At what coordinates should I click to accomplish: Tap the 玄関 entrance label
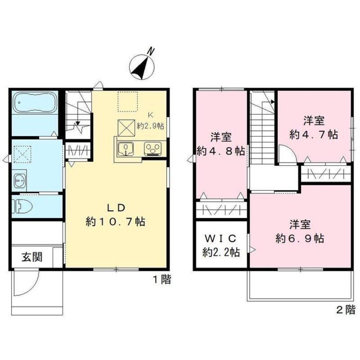[x=32, y=257]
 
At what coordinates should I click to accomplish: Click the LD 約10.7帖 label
[x=115, y=215]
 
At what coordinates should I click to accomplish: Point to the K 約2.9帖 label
[x=151, y=121]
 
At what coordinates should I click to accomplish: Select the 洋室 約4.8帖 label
[x=221, y=144]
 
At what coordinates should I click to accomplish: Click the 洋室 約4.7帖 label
[x=314, y=127]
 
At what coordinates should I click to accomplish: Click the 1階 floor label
[x=161, y=279]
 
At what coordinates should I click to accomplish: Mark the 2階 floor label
[x=346, y=309]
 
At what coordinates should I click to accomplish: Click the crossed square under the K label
[x=127, y=127]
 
